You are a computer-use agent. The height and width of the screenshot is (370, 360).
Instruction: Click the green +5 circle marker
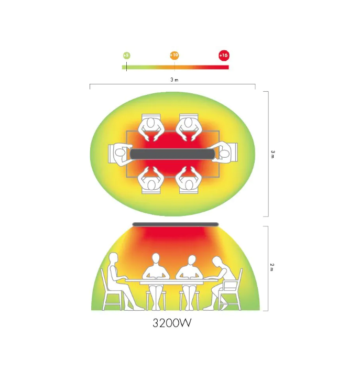[127, 56]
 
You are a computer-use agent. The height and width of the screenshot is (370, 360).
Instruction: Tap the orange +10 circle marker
[174, 55]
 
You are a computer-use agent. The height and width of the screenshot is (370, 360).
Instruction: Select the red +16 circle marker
[224, 56]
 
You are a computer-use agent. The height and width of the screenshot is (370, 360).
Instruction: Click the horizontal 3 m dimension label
[174, 80]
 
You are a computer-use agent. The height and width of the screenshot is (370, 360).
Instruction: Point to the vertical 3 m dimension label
[272, 154]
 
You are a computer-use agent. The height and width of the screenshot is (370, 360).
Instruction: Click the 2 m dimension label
[272, 267]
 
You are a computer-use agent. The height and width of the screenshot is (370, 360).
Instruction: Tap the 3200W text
[172, 323]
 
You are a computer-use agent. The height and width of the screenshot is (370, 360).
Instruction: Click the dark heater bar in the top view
[172, 154]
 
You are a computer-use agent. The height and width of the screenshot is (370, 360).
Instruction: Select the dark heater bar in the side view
[175, 224]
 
